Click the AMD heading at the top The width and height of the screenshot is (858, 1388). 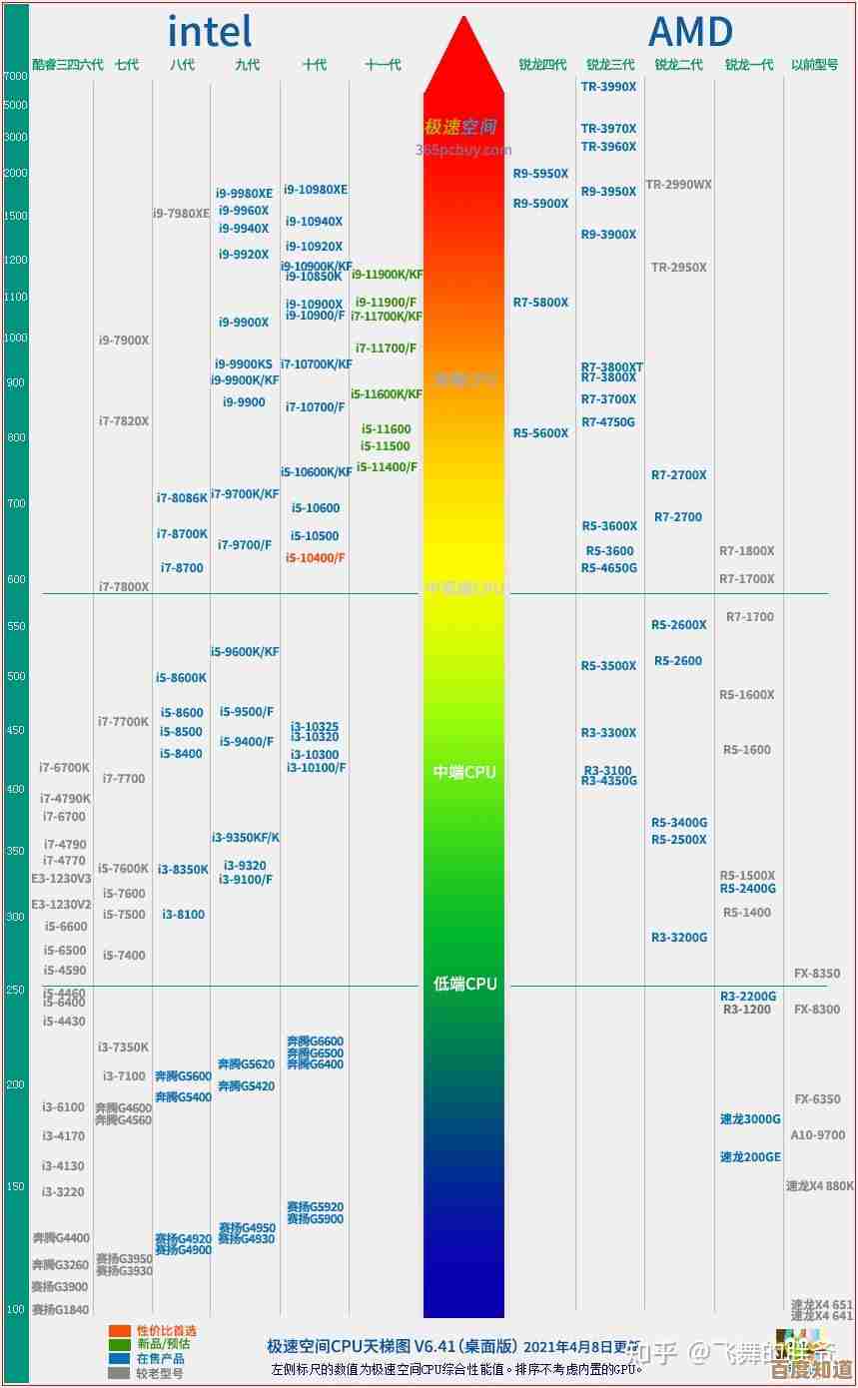[x=690, y=32]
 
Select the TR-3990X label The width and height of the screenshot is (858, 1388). [x=608, y=87]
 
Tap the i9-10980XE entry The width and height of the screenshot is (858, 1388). [x=316, y=190]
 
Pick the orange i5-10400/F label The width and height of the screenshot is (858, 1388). [x=315, y=557]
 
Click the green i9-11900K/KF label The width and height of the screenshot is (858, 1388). [x=387, y=275]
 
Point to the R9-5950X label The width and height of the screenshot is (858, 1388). [x=540, y=174]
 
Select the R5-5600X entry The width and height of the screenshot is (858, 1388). [x=540, y=433]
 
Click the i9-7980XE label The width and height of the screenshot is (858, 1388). [x=181, y=214]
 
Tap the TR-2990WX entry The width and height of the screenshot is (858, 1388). [x=678, y=185]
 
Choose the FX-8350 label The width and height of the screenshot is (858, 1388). [x=817, y=974]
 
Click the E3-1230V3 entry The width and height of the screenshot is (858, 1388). [x=61, y=879]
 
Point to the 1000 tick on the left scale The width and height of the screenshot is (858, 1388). [x=15, y=338]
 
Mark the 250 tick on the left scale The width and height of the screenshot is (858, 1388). [x=15, y=990]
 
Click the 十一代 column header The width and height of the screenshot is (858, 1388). [x=383, y=65]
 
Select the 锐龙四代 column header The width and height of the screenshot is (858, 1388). [x=542, y=65]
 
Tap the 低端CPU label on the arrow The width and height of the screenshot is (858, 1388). [x=464, y=985]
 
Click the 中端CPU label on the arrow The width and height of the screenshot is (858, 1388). [x=464, y=772]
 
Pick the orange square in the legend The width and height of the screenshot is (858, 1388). [x=120, y=1331]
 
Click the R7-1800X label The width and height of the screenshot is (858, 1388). [x=747, y=551]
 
